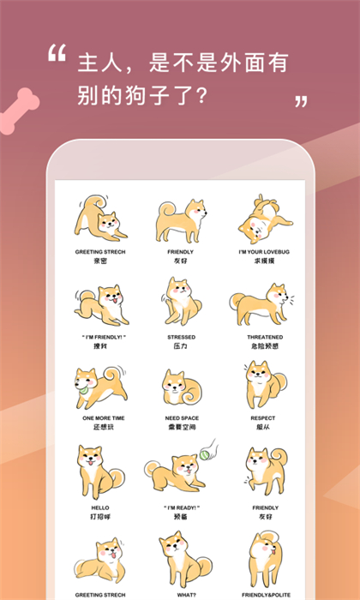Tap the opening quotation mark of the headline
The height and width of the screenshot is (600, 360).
tap(57, 54)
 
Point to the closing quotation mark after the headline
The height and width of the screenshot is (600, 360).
tap(301, 102)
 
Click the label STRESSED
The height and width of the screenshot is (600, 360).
tap(181, 337)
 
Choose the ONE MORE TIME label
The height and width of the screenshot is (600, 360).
tap(103, 418)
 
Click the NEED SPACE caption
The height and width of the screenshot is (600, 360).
tap(181, 418)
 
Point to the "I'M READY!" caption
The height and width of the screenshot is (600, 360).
tap(181, 507)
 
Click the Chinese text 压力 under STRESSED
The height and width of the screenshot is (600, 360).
tap(181, 347)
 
